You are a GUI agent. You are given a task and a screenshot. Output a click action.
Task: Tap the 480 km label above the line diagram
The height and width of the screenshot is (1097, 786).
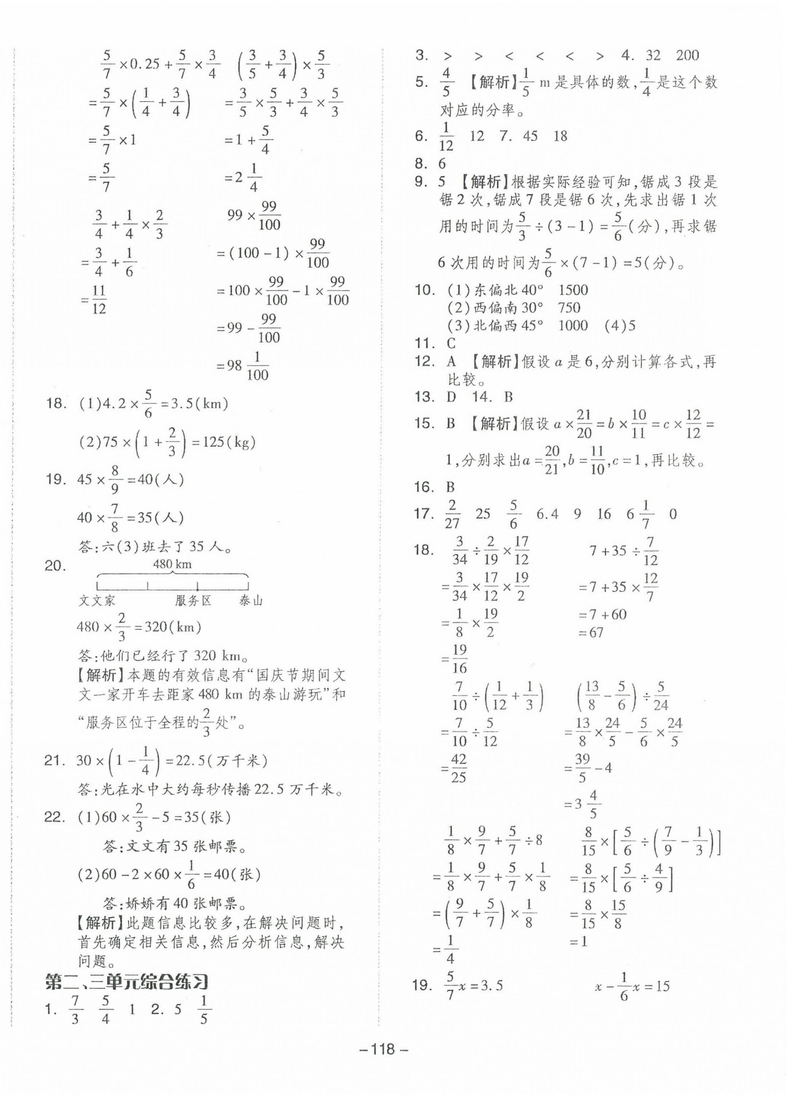(172, 564)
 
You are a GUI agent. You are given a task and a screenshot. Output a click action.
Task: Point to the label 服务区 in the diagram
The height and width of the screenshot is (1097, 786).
(193, 601)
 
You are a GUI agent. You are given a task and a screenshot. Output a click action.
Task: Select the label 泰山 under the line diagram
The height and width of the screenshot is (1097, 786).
(251, 601)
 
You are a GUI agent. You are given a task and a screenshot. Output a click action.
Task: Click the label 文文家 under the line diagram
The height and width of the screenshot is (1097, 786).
(97, 601)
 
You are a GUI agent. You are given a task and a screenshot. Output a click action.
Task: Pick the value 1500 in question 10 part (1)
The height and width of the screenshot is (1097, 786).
(573, 290)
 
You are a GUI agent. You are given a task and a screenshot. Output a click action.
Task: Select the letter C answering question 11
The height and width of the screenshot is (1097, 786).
(451, 343)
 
